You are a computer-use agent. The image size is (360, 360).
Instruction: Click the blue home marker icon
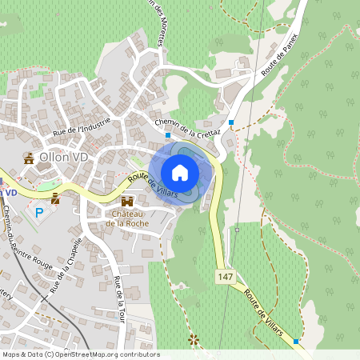coord(180,173)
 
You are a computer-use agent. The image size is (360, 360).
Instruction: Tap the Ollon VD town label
coord(62,158)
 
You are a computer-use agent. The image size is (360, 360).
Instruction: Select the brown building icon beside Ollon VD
coord(30,158)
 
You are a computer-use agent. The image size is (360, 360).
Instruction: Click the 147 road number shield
coord(225,275)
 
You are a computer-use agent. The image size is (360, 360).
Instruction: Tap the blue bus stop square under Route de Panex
coord(231,122)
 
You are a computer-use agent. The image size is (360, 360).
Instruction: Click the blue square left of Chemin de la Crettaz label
coord(167,135)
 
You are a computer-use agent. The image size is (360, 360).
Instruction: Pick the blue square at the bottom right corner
coord(296,342)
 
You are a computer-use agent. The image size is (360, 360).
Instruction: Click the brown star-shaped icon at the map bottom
coord(192,340)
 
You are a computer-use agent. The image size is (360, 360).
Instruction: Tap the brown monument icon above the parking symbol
coord(55,197)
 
